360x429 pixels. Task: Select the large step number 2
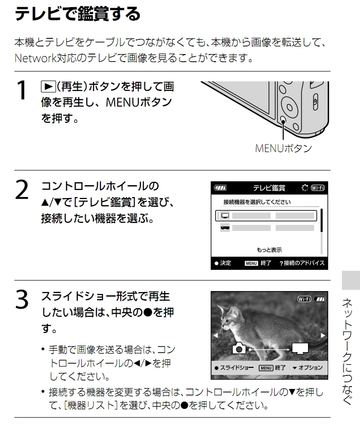(x=22, y=190)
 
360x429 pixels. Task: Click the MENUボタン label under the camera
(x=283, y=149)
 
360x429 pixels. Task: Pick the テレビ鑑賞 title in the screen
(x=269, y=188)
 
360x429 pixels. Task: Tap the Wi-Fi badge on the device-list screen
(x=318, y=188)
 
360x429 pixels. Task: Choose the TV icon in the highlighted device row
(x=225, y=215)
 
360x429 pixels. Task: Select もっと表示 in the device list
(x=269, y=250)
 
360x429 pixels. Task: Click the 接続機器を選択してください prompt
(x=257, y=202)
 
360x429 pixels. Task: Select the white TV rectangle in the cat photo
(x=299, y=348)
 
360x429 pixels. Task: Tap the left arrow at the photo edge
(x=215, y=335)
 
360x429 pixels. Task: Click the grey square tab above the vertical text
(x=351, y=280)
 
